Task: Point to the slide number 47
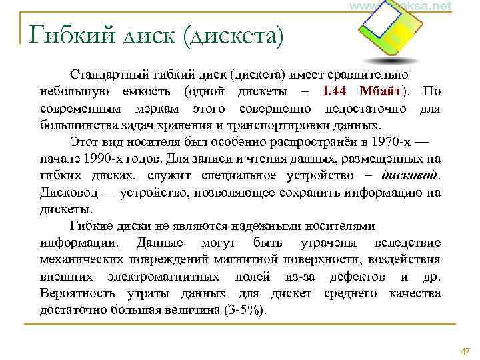(465, 351)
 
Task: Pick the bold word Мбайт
(381, 91)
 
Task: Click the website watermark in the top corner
(400, 6)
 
